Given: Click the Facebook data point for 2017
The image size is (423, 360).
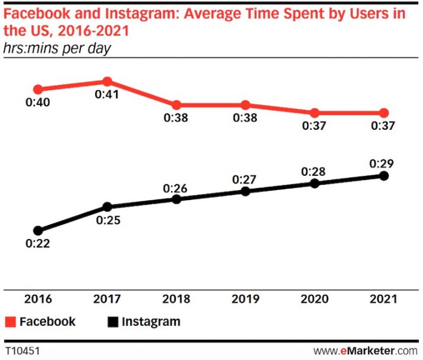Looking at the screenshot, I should click(107, 81).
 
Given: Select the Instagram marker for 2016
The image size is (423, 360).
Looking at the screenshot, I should click(38, 230).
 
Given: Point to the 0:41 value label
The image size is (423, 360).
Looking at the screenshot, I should click(107, 94).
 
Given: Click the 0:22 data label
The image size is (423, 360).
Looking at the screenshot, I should click(37, 244).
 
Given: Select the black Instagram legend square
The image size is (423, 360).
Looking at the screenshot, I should click(113, 322).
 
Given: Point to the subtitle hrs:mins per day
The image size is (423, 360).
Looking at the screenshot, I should click(57, 48).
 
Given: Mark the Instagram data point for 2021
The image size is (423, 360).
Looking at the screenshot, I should click(383, 176).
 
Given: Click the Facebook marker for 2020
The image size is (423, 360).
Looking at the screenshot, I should click(314, 113).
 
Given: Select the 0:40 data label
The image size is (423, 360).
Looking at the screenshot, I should click(37, 103).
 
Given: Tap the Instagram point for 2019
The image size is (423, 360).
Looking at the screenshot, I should click(245, 191).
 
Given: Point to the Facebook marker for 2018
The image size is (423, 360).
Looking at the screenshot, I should click(176, 104).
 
